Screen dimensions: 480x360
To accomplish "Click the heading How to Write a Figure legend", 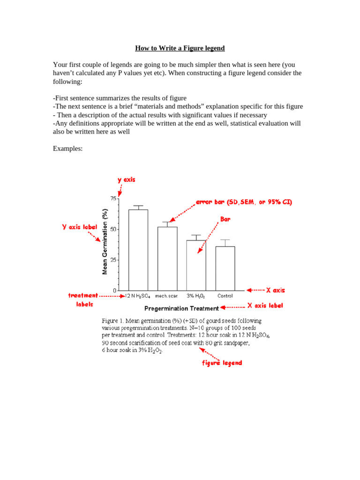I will pos(180,48).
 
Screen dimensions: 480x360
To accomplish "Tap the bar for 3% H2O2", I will pos(196,265).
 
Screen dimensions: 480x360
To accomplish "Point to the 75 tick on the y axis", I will pos(113,199).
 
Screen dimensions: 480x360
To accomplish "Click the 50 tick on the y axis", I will pos(113,230).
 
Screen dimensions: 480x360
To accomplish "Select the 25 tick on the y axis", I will pos(113,260).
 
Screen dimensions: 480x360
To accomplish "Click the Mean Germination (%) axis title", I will pos(105,241).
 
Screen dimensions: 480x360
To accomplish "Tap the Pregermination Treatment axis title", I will pos(181,308).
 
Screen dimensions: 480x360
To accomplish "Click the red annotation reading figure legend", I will pos(222,363).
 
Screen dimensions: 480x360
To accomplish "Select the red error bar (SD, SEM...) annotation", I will pos(244,202).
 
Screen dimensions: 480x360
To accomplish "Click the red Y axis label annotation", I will pos(79,226).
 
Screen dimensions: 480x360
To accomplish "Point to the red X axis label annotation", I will pos(265,306).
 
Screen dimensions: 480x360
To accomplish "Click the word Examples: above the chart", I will pos(67,149).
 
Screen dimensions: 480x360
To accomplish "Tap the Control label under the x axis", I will pos(225,296).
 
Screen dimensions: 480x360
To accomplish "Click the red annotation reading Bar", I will pos(225,219).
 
